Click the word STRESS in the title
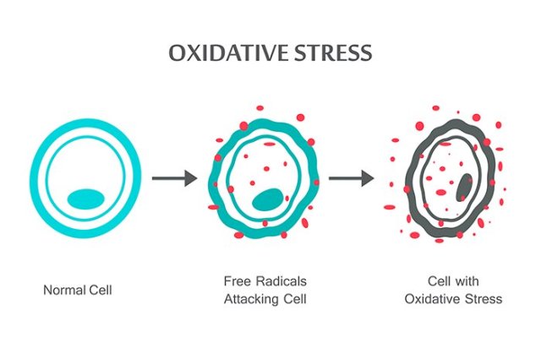pyautogui.click(x=330, y=52)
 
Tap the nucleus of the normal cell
pyautogui.click(x=85, y=199)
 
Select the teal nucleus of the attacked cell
pyautogui.click(x=268, y=200)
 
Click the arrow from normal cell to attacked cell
pyautogui.click(x=173, y=178)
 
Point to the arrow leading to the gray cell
pyautogui.click(x=351, y=178)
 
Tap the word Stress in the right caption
pyautogui.click(x=482, y=299)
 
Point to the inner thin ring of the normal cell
pyautogui.click(x=47, y=179)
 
